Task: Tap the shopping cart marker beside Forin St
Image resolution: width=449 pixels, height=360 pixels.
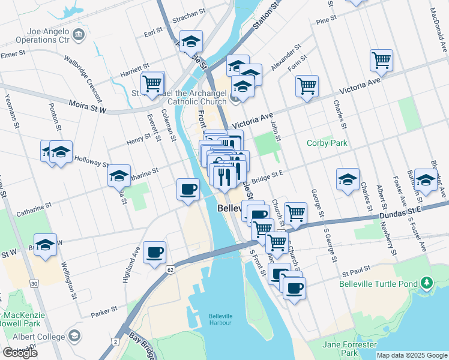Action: (307, 86)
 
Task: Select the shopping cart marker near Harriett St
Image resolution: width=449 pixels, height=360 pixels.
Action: (152, 82)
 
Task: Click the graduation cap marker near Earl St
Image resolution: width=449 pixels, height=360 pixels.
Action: (191, 41)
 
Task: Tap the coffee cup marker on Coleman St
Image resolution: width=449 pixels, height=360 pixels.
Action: (188, 190)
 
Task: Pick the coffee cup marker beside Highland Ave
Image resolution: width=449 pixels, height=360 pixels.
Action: (154, 253)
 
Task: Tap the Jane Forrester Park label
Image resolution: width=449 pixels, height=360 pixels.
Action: (349, 349)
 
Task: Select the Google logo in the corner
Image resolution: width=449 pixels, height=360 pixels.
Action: (20, 353)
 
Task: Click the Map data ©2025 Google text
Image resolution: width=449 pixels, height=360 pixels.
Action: (412, 355)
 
